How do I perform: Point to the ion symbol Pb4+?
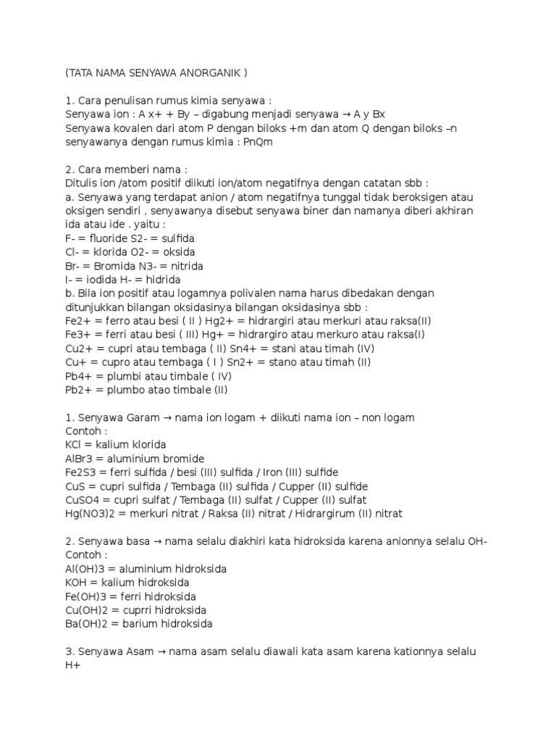77,376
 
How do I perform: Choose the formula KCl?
73,445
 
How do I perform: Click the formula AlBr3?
77,459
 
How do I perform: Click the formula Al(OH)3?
83,569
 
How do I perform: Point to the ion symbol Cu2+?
77,349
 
